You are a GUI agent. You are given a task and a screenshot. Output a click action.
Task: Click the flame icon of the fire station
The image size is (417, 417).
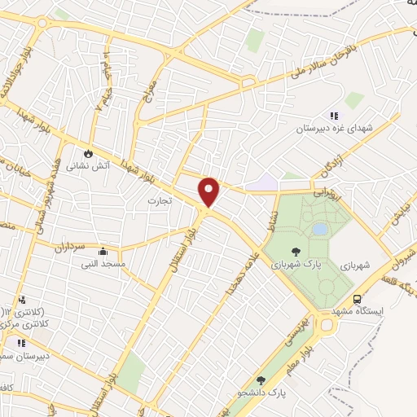(x=88, y=152)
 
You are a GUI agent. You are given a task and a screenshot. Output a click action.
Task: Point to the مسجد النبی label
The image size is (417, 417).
(x=102, y=264)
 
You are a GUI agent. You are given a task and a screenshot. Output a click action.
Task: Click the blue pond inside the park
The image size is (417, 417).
(x=320, y=230)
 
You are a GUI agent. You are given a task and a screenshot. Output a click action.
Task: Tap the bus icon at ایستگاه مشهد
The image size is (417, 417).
(x=359, y=298)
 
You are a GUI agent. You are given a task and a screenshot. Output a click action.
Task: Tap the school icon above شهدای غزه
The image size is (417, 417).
(x=334, y=115)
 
